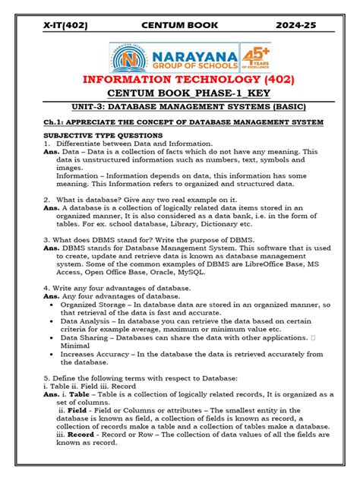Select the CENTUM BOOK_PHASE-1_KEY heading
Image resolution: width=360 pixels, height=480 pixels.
[180, 94]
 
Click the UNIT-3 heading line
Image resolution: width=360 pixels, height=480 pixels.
[180, 109]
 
